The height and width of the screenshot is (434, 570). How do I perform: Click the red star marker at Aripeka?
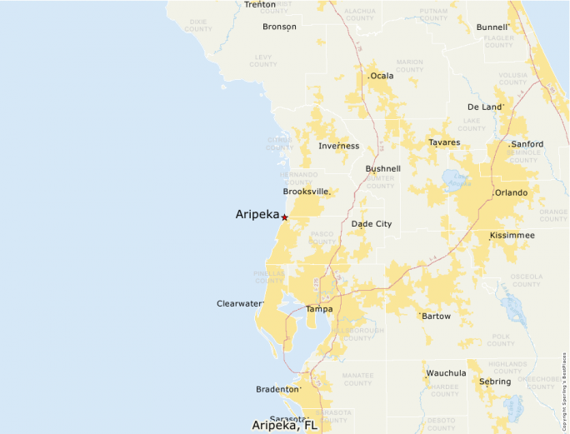pyautogui.click(x=284, y=217)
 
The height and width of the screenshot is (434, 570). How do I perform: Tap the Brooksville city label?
pyautogui.click(x=306, y=192)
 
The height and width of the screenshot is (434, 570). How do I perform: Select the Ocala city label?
pyautogui.click(x=381, y=76)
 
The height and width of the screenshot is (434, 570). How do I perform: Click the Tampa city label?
pyautogui.click(x=318, y=309)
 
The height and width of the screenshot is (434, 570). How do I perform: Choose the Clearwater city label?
pyautogui.click(x=239, y=303)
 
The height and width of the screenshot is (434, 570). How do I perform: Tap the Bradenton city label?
pyautogui.click(x=277, y=389)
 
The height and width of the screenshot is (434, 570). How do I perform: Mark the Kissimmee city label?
pyautogui.click(x=512, y=235)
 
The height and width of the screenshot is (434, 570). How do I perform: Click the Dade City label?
pyautogui.click(x=371, y=224)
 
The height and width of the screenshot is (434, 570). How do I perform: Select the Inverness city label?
pyautogui.click(x=338, y=146)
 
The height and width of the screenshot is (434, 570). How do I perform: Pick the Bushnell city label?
pyautogui.click(x=382, y=168)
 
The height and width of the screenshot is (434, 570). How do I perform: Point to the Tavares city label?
pyautogui.click(x=443, y=142)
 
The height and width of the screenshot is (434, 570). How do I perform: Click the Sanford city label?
pyautogui.click(x=527, y=144)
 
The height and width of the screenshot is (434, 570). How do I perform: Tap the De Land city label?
pyautogui.click(x=484, y=107)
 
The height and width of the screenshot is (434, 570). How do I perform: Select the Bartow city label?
pyautogui.click(x=436, y=317)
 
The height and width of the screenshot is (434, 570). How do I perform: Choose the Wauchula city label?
pyautogui.click(x=446, y=373)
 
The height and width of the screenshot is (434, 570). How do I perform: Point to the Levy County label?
pyautogui.click(x=262, y=61)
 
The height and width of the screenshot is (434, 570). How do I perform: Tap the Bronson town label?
pyautogui.click(x=279, y=27)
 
